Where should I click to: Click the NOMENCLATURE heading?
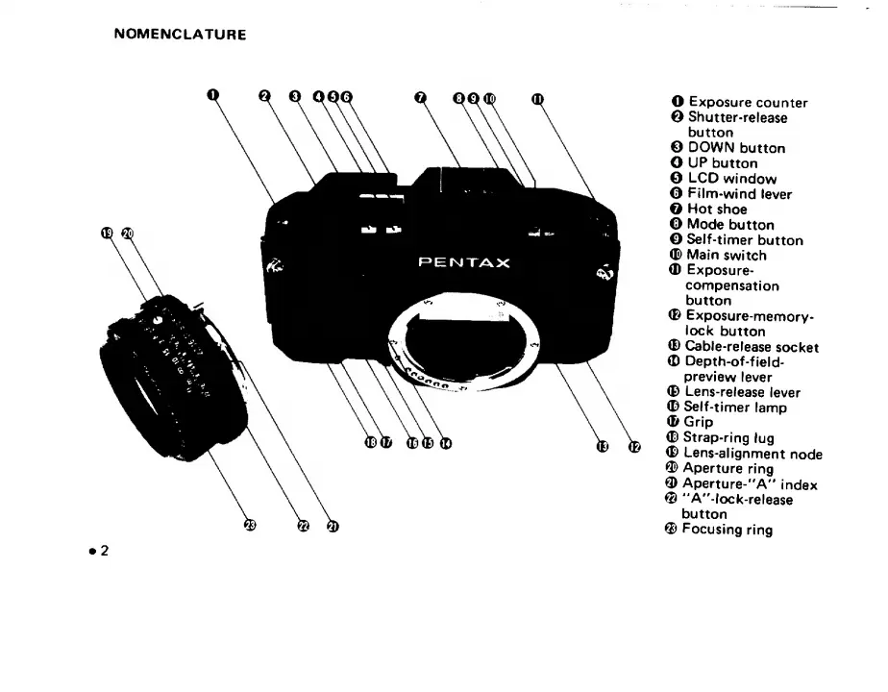(x=180, y=35)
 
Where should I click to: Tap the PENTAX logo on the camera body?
(x=464, y=262)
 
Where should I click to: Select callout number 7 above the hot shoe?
(x=420, y=96)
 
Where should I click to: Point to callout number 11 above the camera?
(x=536, y=97)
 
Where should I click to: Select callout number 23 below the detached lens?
(x=250, y=525)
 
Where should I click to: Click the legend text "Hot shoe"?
(x=717, y=210)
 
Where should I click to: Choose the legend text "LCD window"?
(x=731, y=179)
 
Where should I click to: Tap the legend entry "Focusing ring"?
(x=727, y=530)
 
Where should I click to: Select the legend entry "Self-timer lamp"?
(x=734, y=408)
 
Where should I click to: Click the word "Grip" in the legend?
(x=699, y=422)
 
